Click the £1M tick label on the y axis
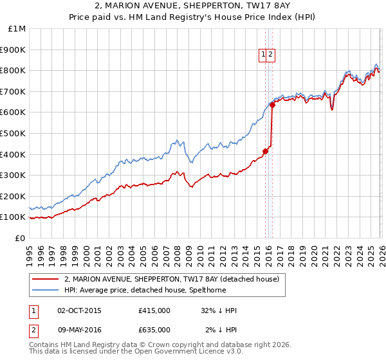coord(17,29)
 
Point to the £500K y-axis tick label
coord(13,134)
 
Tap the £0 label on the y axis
coord(20,238)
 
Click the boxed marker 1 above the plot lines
coord(264,55)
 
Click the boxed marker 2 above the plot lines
coord(271,55)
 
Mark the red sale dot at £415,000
coord(265,151)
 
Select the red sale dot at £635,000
coord(272,105)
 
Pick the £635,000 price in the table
coord(154,330)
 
